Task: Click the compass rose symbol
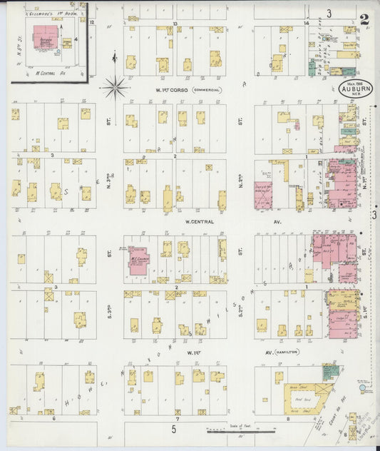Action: tap(114, 88)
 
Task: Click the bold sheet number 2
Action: tap(364, 19)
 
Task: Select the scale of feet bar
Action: tap(231, 432)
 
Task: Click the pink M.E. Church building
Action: tap(138, 261)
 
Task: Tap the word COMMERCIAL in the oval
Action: tap(206, 90)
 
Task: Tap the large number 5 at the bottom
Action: tap(173, 428)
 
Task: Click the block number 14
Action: tap(305, 24)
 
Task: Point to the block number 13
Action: tap(175, 24)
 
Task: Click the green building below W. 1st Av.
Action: tap(329, 371)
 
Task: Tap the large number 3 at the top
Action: tap(329, 13)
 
